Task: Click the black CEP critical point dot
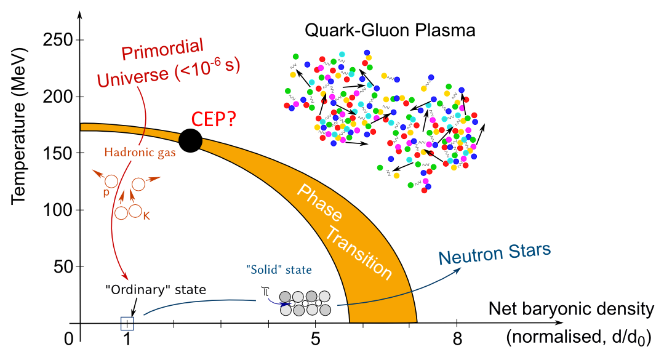[x=190, y=140]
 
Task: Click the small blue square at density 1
[x=127, y=324]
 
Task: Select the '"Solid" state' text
[x=278, y=270]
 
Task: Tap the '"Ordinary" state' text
[x=154, y=290]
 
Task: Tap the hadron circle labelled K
[x=136, y=212]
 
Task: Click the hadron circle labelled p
[x=111, y=182]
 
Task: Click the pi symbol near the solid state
[x=266, y=290]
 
